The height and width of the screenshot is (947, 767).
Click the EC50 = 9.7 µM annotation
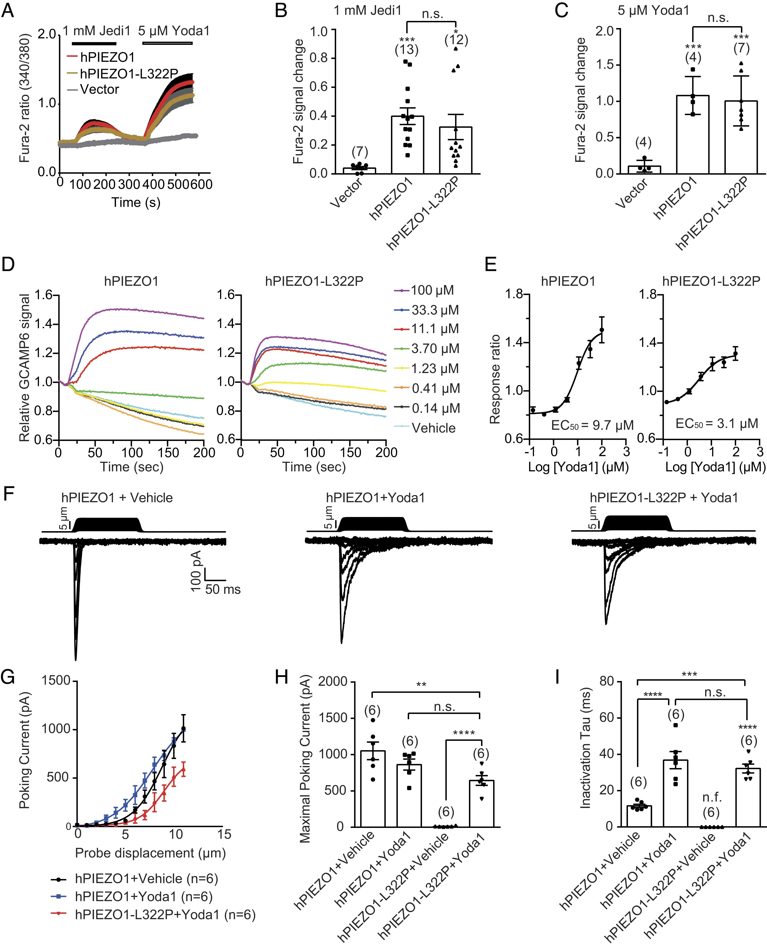[x=592, y=425]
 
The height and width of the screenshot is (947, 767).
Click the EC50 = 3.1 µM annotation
[x=717, y=424]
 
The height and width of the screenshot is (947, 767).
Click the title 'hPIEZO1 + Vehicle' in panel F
[x=117, y=498]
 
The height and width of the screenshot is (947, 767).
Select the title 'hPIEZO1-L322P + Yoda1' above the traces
[x=664, y=498]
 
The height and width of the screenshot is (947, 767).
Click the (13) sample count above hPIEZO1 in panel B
[x=406, y=50]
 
